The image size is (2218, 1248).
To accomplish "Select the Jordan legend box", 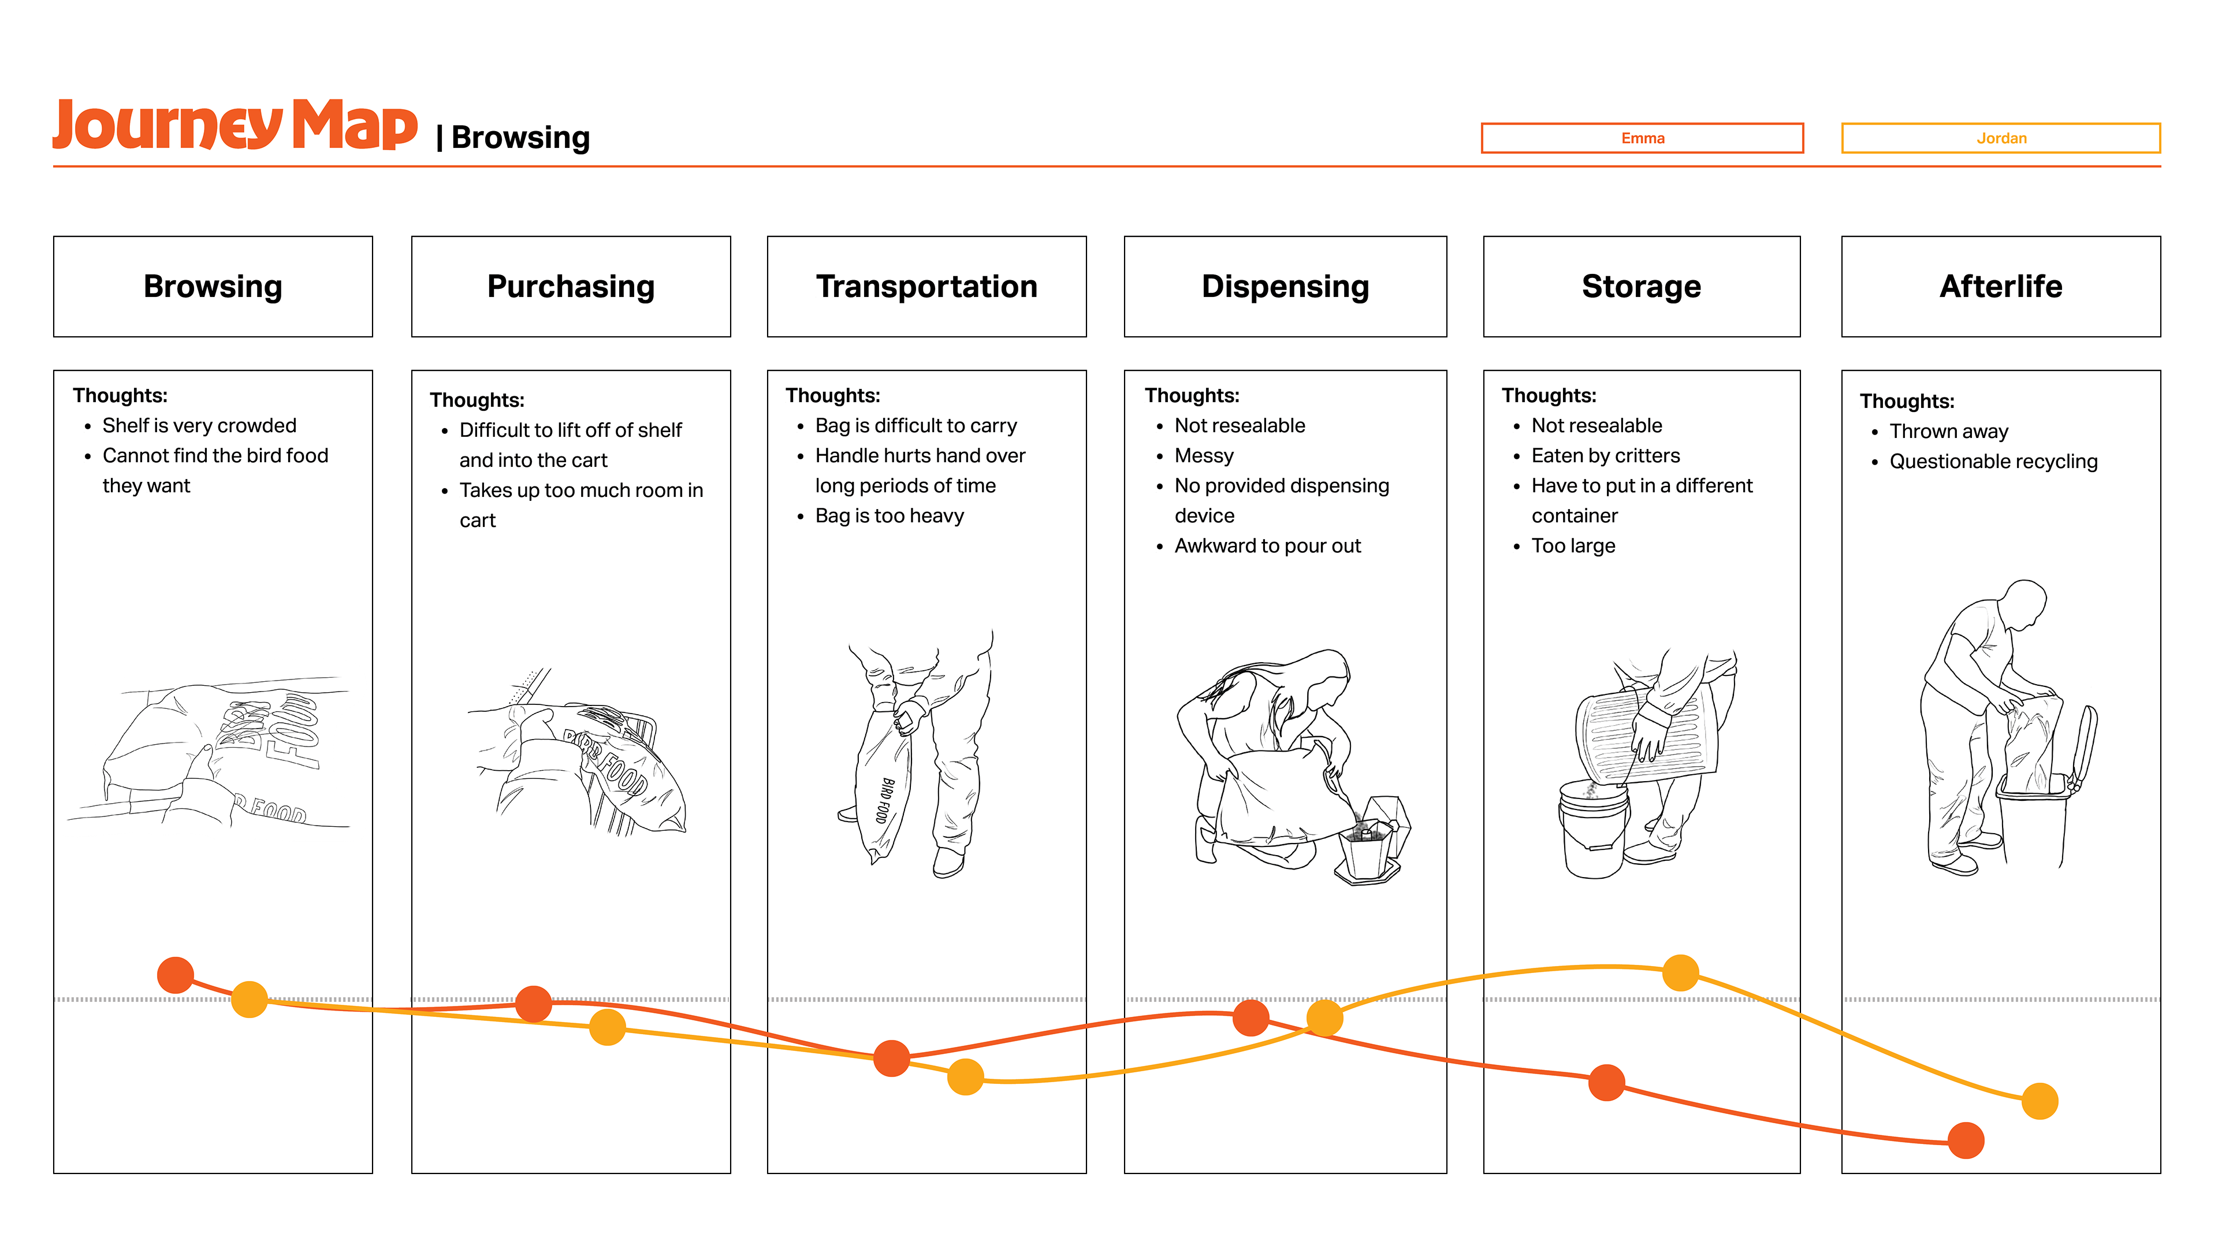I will click(x=2000, y=138).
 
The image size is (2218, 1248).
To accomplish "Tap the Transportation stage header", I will click(x=926, y=286).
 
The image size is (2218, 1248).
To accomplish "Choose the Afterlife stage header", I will click(x=2000, y=286).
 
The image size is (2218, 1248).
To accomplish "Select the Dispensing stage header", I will click(x=1285, y=286).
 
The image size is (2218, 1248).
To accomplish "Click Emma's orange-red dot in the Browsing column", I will click(x=176, y=975).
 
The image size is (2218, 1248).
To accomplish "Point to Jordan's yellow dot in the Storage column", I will click(x=1680, y=972).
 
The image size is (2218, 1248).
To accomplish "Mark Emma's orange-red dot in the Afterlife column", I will click(x=1966, y=1141).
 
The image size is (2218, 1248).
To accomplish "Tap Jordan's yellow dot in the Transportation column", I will click(x=965, y=1076).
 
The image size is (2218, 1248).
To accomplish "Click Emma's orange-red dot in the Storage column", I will click(x=1606, y=1083).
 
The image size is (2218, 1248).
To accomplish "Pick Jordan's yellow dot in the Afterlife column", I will click(x=2040, y=1101).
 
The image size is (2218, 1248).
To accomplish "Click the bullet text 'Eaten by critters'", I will click(x=1605, y=456).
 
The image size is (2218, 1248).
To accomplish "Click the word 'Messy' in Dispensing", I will click(x=1204, y=456).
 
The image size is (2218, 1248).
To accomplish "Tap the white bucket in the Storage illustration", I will click(x=1594, y=829).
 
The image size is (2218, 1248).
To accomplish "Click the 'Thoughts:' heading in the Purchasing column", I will click(x=477, y=400).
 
